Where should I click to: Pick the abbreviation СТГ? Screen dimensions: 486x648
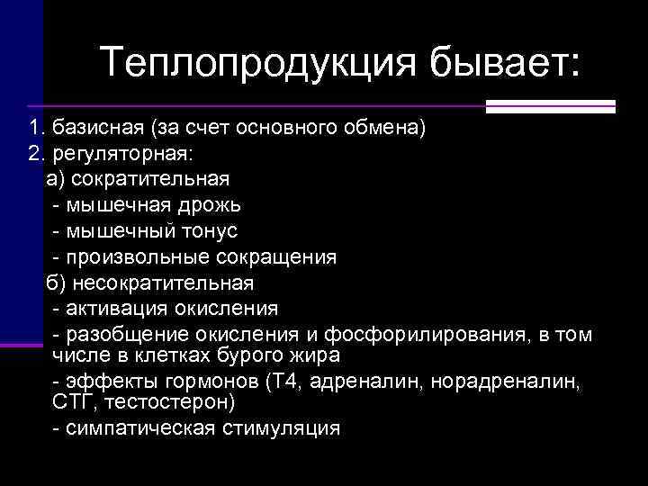pos(70,400)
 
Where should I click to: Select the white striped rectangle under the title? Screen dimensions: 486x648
pos(550,106)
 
